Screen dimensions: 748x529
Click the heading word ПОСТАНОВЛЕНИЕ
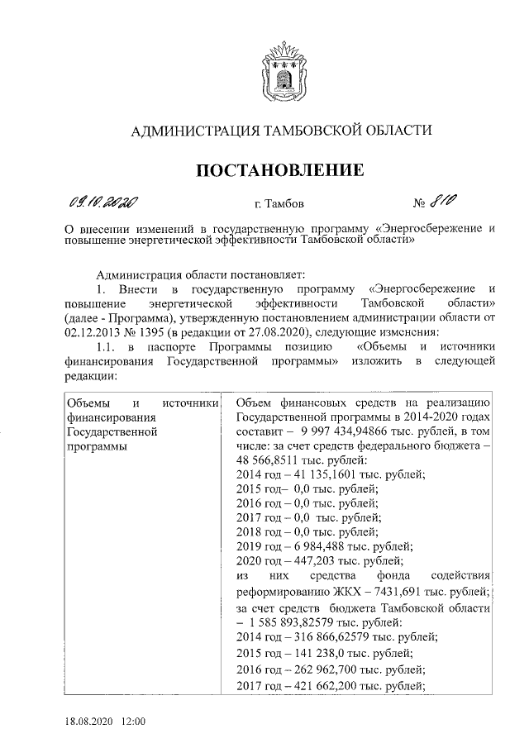click(279, 171)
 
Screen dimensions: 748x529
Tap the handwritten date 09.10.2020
click(102, 202)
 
